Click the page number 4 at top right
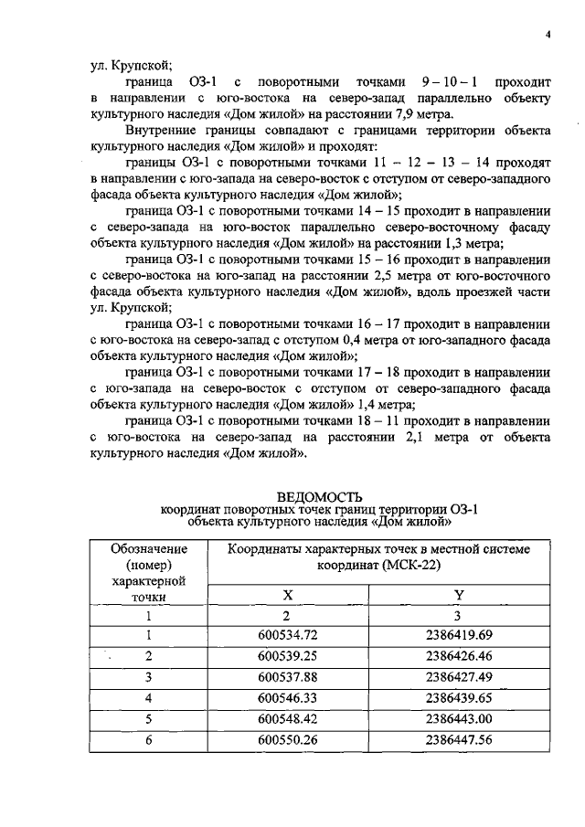(x=547, y=35)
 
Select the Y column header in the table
(x=459, y=595)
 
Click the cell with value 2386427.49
(x=459, y=677)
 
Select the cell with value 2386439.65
(x=459, y=698)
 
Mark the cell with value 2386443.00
(x=459, y=719)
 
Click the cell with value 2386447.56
(x=459, y=740)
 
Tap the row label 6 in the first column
(x=148, y=740)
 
